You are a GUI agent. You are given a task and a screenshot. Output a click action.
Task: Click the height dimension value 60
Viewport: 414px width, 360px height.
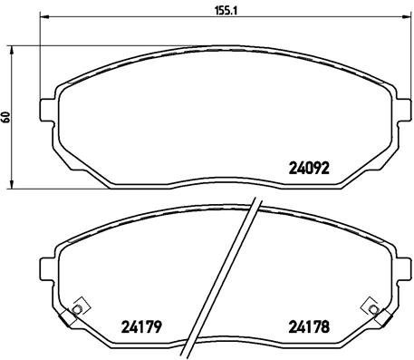click(7, 117)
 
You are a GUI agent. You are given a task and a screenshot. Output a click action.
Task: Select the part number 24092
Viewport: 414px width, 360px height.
click(309, 167)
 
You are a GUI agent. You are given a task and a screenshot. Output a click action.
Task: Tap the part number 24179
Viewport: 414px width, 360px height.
click(140, 329)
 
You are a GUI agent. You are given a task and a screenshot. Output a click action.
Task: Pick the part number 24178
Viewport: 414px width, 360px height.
click(308, 329)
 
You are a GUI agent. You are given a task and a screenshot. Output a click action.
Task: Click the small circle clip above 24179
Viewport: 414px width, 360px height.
click(76, 310)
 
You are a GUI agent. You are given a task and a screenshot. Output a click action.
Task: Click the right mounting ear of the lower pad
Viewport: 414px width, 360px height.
click(396, 269)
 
